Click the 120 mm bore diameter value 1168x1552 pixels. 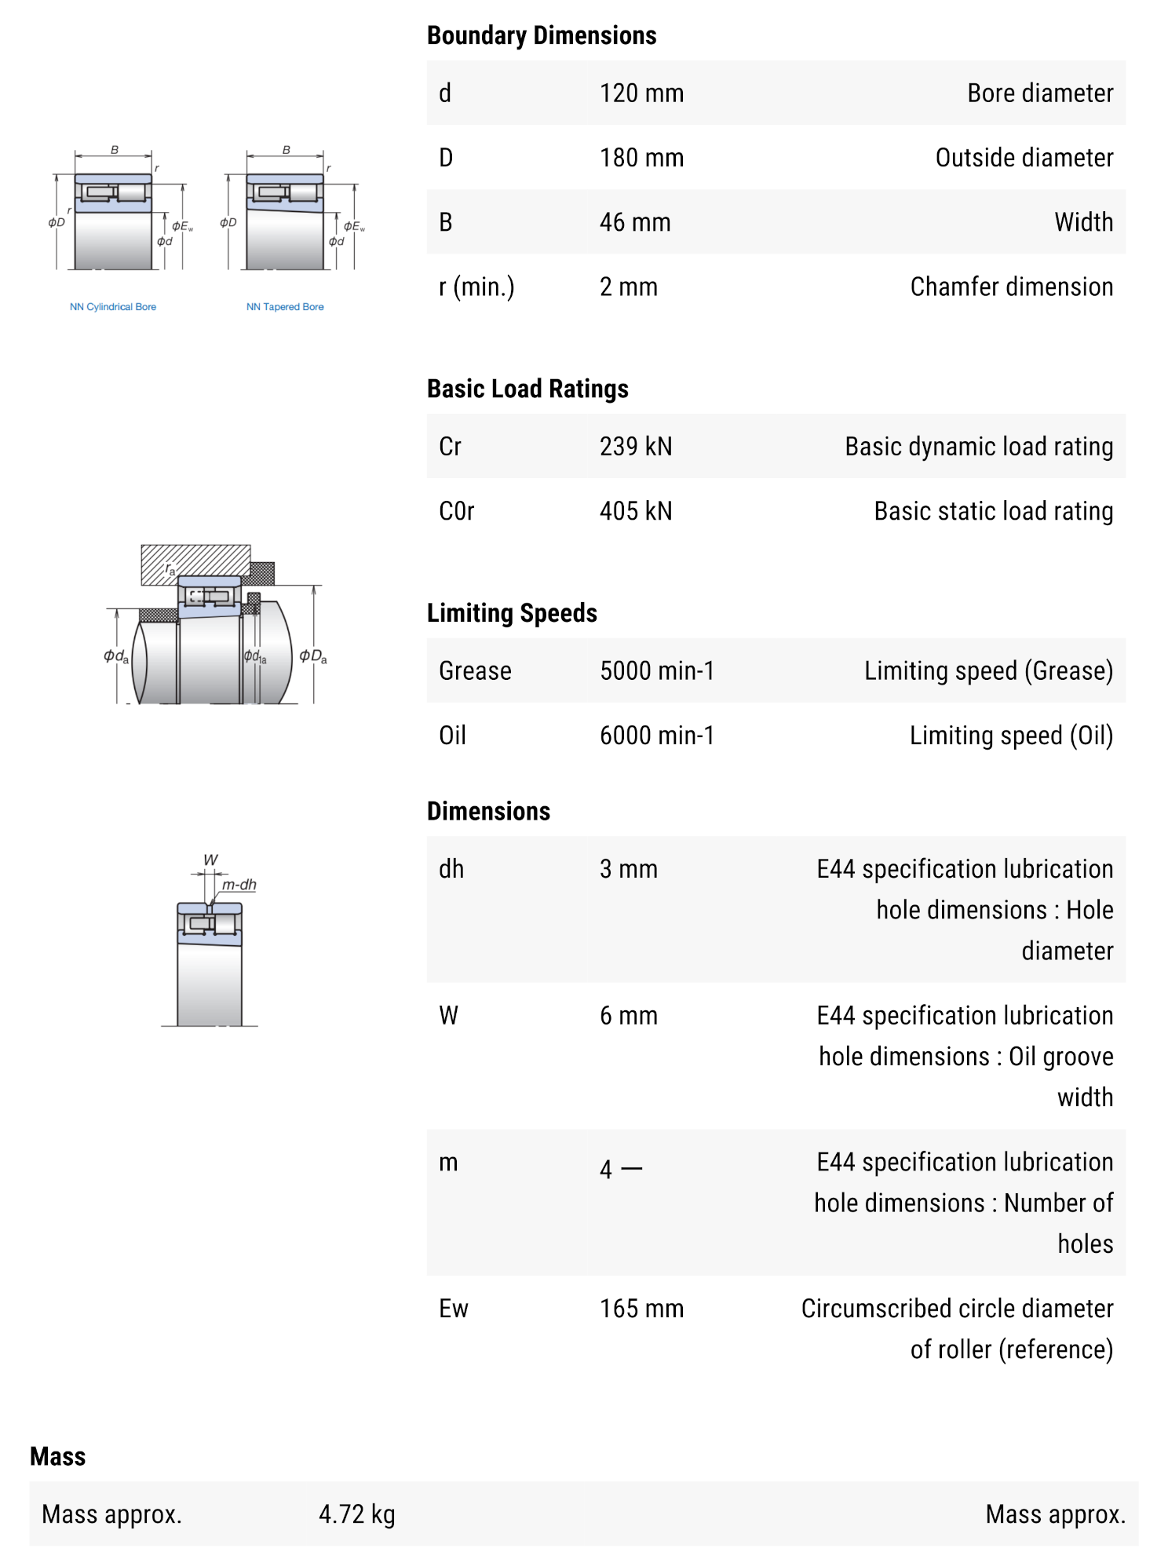(641, 93)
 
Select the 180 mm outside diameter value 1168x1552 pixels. (641, 158)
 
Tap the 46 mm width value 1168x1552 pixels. (635, 222)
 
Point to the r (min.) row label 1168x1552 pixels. (476, 287)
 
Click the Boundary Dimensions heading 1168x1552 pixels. (542, 35)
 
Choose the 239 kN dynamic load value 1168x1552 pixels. (636, 447)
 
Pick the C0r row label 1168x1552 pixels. (457, 511)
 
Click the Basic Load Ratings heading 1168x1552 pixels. (527, 389)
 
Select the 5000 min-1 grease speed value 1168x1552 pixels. (657, 671)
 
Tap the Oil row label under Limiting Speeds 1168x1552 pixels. (452, 736)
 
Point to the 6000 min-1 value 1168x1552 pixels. (657, 736)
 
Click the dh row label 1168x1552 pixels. (451, 869)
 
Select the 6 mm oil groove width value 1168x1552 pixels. (629, 1016)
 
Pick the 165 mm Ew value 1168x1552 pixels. (641, 1309)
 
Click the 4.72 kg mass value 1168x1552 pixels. (357, 1514)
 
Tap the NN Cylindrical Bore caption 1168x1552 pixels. (113, 307)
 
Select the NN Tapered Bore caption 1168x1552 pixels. (285, 307)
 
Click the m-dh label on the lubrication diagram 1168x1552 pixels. (239, 885)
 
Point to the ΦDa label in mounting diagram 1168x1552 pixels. (313, 656)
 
